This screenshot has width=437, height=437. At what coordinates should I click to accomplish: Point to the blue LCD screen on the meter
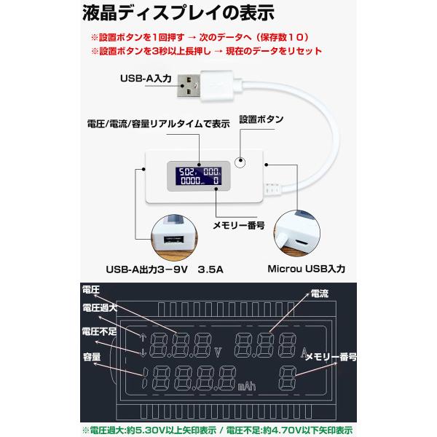tap(200, 175)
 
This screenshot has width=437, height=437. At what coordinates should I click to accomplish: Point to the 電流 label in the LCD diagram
tap(319, 293)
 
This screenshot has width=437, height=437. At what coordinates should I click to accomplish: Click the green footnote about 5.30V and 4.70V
tap(219, 429)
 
